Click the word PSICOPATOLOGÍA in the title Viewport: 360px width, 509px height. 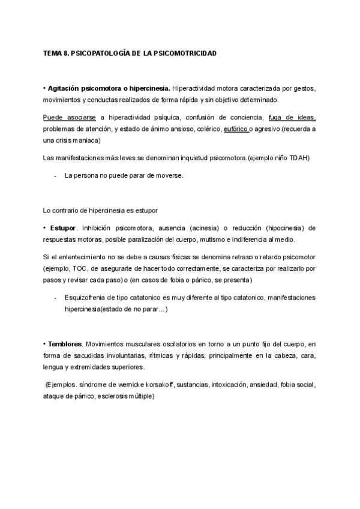99,54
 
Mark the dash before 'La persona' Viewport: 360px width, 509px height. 56,175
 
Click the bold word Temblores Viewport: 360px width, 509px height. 65,344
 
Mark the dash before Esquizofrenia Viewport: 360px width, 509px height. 56,298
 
